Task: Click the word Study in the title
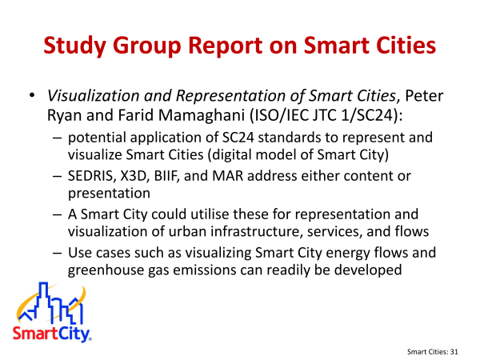coord(74,46)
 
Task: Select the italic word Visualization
coord(93,95)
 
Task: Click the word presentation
coord(109,194)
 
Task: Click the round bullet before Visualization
coord(32,95)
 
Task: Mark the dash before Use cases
coord(58,254)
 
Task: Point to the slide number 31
coord(454,352)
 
